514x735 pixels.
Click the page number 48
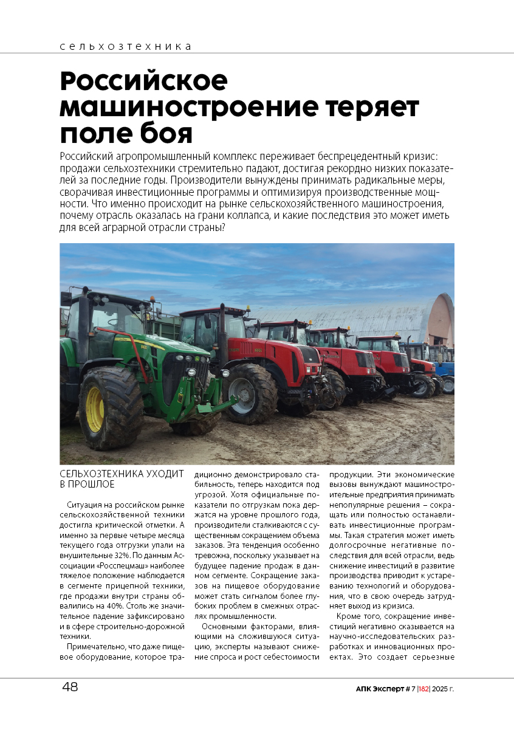coord(70,687)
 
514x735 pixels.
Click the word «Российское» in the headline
coord(143,81)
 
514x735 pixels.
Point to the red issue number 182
coord(423,689)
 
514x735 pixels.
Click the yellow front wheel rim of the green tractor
coord(95,409)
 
